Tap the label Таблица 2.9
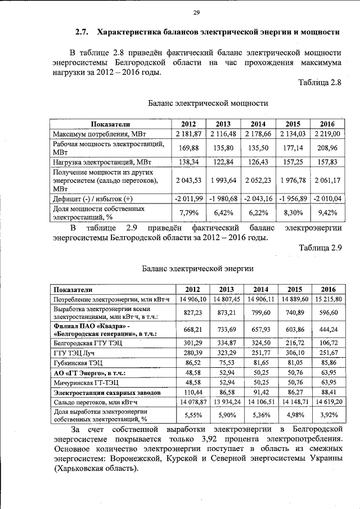319,247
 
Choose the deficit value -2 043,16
258,199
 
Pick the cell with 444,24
327,329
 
